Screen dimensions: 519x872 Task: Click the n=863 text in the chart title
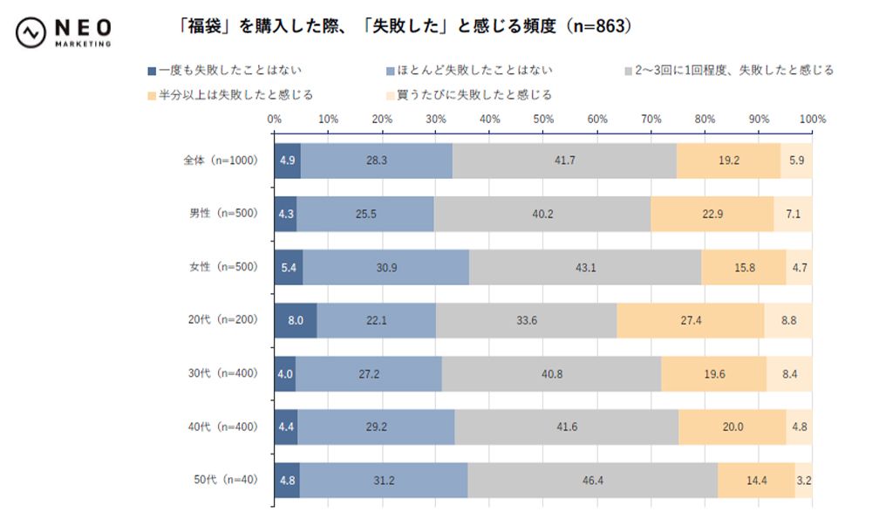pyautogui.click(x=597, y=27)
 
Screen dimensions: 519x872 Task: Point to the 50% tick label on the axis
pyautogui.click(x=542, y=119)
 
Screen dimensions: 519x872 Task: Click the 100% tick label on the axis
pyautogui.click(x=812, y=119)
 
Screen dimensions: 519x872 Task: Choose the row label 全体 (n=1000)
pyautogui.click(x=221, y=161)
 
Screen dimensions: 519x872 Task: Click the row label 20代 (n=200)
pyautogui.click(x=223, y=320)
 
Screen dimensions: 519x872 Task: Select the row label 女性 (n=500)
pyautogui.click(x=223, y=267)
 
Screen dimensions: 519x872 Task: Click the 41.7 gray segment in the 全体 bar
pyautogui.click(x=563, y=161)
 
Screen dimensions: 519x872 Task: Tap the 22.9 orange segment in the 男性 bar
pyautogui.click(x=712, y=215)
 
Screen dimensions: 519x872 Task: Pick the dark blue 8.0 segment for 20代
pyautogui.click(x=296, y=320)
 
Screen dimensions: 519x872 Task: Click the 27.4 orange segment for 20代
pyautogui.click(x=691, y=320)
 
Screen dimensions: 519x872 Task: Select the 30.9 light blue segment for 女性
pyautogui.click(x=385, y=267)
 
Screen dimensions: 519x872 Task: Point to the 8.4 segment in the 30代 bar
pyautogui.click(x=789, y=373)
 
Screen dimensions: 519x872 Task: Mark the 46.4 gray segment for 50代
pyautogui.click(x=592, y=480)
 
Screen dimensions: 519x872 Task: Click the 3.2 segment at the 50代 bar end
pyautogui.click(x=803, y=480)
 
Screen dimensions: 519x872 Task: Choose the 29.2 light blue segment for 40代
pyautogui.click(x=376, y=427)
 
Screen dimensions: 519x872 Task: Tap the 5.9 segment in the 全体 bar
pyautogui.click(x=796, y=161)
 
